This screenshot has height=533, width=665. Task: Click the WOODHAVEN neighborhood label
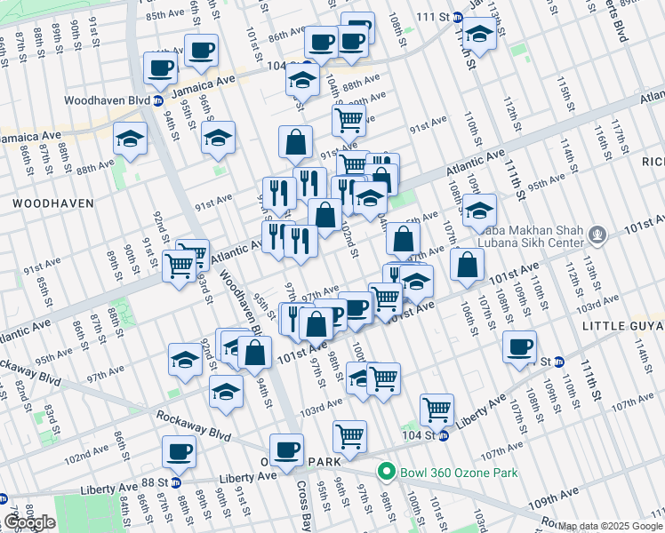coord(52,203)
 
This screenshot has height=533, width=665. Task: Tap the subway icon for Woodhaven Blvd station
coord(157,100)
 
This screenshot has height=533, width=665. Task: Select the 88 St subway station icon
coord(175,482)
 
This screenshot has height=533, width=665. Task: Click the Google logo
coord(29,522)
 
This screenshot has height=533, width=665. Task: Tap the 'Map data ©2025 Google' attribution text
coord(610,526)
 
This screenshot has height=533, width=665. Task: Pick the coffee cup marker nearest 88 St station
coord(179,451)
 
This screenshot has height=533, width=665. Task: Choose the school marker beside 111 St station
coord(480,36)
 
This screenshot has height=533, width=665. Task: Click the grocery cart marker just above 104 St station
coord(437,409)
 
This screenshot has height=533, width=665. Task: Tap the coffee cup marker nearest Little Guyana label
coord(519,346)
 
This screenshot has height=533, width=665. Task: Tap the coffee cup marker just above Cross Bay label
coord(286,449)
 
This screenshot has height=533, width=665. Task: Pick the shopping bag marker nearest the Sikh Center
coord(467,263)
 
